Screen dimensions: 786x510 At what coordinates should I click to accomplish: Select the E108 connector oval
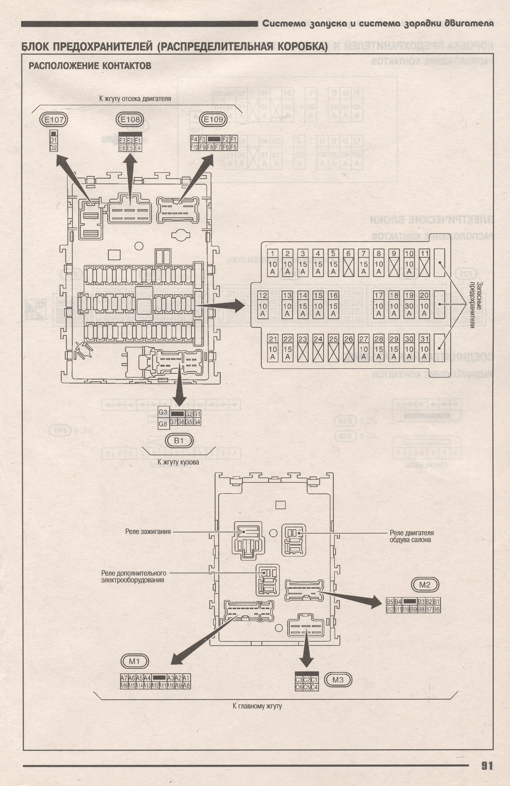coord(130,119)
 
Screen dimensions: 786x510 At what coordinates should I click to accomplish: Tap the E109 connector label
coord(213,119)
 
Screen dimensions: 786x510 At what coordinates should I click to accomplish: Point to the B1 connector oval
coord(179,441)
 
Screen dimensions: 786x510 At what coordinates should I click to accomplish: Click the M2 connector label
coord(425,585)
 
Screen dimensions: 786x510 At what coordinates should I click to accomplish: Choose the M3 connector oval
coord(338,680)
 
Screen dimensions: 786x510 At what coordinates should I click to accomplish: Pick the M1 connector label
coord(134,661)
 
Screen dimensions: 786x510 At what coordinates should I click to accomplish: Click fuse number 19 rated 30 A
coord(409,304)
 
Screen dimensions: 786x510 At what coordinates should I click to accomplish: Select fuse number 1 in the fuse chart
coord(272,263)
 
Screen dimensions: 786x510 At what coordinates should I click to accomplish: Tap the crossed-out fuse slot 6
coord(348,263)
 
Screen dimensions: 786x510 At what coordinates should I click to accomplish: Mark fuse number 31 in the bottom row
coord(424,348)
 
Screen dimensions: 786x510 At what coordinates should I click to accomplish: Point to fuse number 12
coord(263,304)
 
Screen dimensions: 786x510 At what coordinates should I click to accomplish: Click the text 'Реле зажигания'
coord(148,531)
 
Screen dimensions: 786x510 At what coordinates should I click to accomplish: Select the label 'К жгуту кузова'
coord(178,462)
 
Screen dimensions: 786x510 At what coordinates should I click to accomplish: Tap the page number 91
coord(487,765)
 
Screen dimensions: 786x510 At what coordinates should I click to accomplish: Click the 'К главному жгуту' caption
coord(257,706)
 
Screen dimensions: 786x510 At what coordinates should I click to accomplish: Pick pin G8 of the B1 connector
coord(163,424)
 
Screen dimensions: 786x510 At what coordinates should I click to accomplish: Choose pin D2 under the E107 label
coord(53,148)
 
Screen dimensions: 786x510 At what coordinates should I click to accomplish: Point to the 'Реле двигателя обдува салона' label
coord(411,536)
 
